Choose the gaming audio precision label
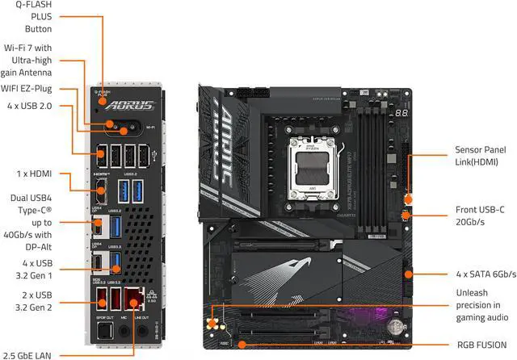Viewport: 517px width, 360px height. [x=482, y=306]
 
